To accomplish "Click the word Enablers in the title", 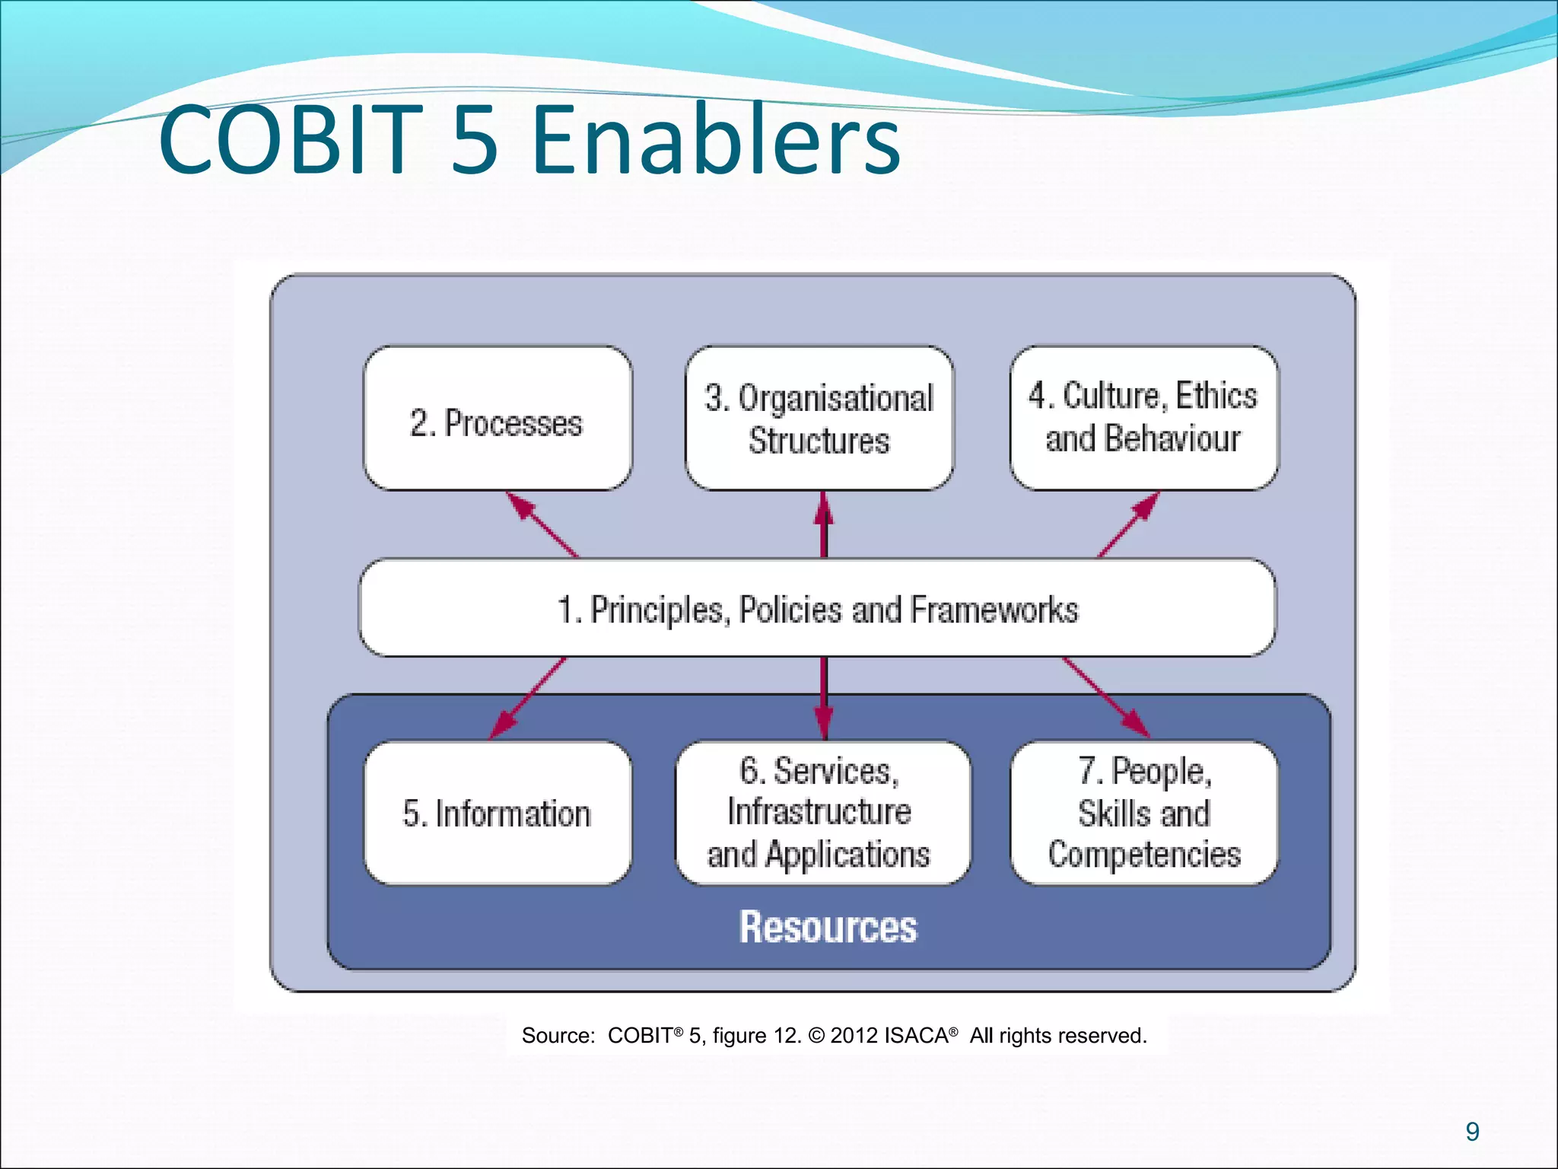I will (715, 141).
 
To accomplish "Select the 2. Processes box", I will (498, 419).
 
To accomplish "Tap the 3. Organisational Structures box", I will (819, 419).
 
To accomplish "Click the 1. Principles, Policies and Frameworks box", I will (818, 608).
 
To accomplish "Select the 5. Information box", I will (498, 813).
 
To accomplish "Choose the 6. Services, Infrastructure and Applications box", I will (822, 813).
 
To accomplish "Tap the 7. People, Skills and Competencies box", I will (1143, 813).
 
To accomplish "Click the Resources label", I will (828, 927).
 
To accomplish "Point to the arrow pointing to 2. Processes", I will (541, 524).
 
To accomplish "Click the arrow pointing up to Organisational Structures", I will (823, 524).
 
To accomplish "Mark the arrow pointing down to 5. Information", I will (528, 698).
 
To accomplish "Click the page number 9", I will (1472, 1132).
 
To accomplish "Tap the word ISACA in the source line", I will (917, 1036).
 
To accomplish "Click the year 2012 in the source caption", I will (854, 1036).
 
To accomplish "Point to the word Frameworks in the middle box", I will (994, 610).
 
